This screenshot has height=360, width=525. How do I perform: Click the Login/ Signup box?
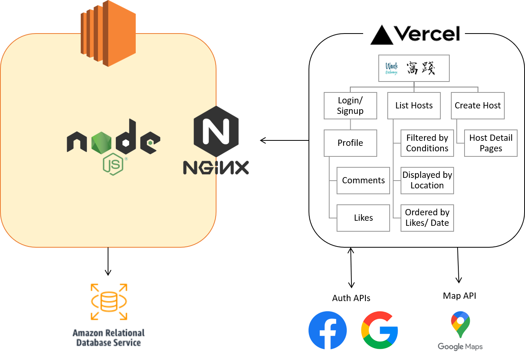pyautogui.click(x=350, y=106)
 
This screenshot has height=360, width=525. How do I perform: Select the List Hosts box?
pyautogui.click(x=414, y=106)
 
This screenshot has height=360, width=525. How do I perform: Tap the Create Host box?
pyautogui.click(x=477, y=106)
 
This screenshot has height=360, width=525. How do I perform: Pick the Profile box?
pyautogui.click(x=350, y=143)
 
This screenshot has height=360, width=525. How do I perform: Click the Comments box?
pyautogui.click(x=363, y=181)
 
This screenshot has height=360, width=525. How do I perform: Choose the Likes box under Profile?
pyautogui.click(x=363, y=218)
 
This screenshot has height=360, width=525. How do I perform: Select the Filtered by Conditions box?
pyautogui.click(x=427, y=143)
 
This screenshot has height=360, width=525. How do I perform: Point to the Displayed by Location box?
pyautogui.click(x=427, y=181)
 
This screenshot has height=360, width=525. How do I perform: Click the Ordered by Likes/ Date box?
pyautogui.click(x=427, y=218)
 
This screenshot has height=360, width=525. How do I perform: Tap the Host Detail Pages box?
pyautogui.click(x=491, y=143)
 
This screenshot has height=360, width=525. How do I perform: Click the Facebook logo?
pyautogui.click(x=328, y=330)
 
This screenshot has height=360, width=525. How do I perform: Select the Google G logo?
pyautogui.click(x=380, y=330)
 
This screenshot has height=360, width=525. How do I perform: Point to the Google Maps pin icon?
pyautogui.click(x=460, y=325)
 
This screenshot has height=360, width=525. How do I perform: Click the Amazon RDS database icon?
pyautogui.click(x=109, y=301)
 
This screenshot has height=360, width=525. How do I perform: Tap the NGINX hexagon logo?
pyautogui.click(x=216, y=131)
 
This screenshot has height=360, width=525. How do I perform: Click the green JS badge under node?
pyautogui.click(x=113, y=165)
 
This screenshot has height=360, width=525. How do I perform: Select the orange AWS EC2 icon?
pyautogui.click(x=108, y=33)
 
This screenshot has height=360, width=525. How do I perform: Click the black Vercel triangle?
pyautogui.click(x=381, y=35)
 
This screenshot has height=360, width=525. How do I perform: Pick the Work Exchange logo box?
pyautogui.click(x=414, y=68)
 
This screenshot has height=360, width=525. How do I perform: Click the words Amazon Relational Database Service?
pyautogui.click(x=108, y=338)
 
